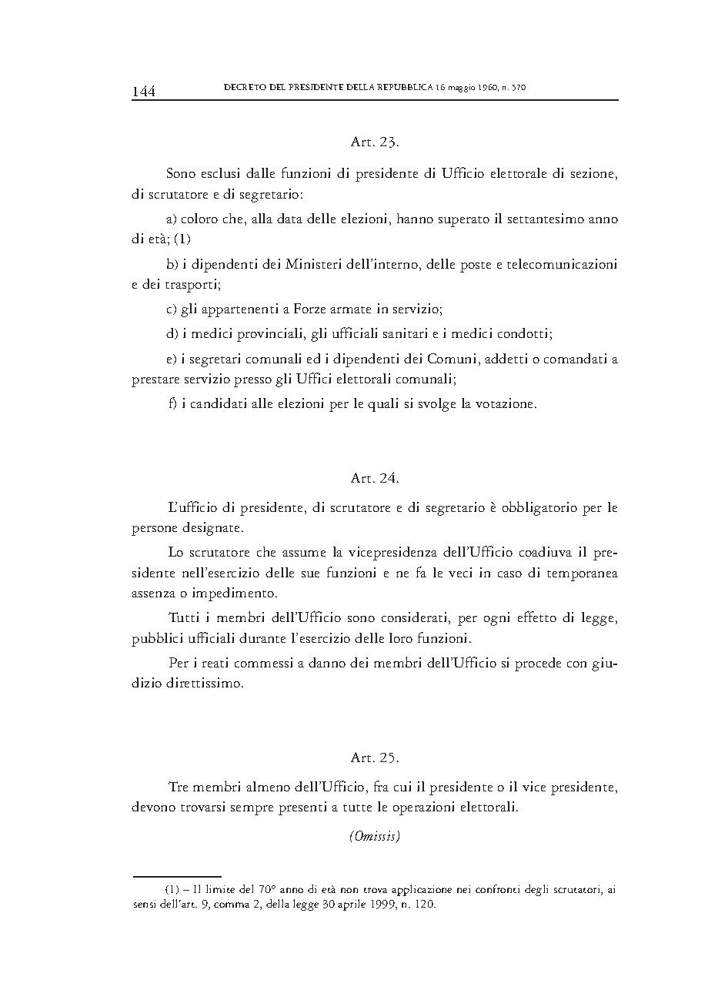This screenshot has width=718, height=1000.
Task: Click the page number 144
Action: pyautogui.click(x=144, y=92)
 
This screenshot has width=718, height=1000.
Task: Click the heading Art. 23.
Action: pyautogui.click(x=375, y=142)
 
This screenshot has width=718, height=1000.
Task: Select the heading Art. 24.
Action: pyautogui.click(x=375, y=478)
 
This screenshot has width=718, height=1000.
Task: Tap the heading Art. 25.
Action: pyautogui.click(x=375, y=758)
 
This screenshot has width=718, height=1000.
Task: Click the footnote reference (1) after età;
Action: pyautogui.click(x=182, y=239)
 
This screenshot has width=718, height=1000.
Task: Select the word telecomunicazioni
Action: pyautogui.click(x=563, y=265)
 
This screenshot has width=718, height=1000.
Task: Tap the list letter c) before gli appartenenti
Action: pyautogui.click(x=172, y=309)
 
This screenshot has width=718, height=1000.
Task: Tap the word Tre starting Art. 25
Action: pyautogui.click(x=178, y=788)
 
